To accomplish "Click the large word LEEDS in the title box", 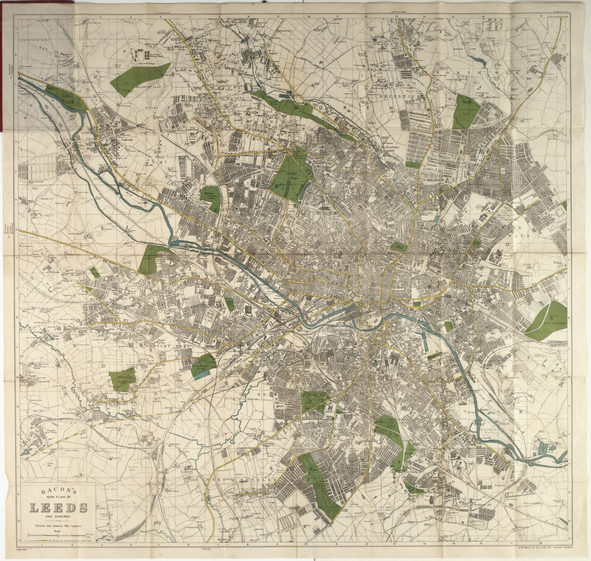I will click(x=58, y=508).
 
